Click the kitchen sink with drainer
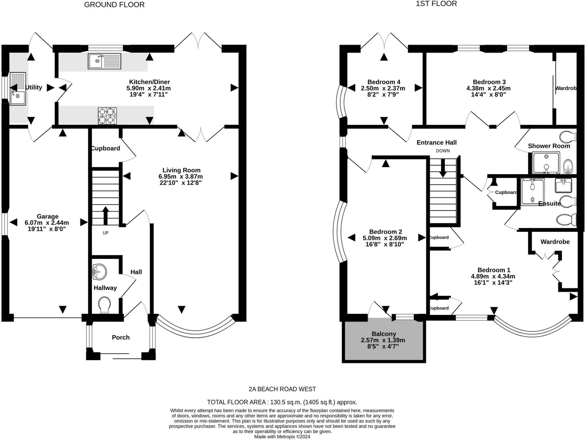coord(104,61)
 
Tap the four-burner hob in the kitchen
coord(107,116)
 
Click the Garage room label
coord(47,217)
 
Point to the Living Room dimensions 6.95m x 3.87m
coord(181,176)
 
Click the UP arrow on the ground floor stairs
coord(106,215)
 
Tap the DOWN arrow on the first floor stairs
coord(443,168)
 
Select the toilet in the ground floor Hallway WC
coord(104,305)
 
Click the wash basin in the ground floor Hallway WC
coord(100,272)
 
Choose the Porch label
coord(121,337)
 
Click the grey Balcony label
coord(384,334)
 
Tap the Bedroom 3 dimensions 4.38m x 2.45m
coord(488,88)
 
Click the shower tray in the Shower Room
coord(546,163)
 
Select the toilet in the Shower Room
coord(568,137)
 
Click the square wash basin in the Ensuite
coord(563,185)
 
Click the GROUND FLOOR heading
coord(114,5)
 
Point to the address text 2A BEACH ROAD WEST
coord(282,389)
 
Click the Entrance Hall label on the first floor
coord(436,142)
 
